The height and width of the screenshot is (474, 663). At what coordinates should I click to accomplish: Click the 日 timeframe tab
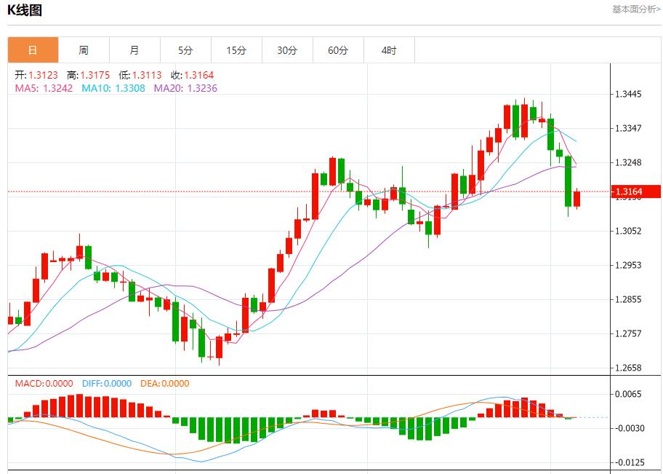tap(33, 50)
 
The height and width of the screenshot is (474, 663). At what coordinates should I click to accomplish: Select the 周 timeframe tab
tap(84, 50)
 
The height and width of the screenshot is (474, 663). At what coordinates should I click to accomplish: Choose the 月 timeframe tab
tap(134, 50)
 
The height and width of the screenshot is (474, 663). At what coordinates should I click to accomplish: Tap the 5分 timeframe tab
tap(185, 50)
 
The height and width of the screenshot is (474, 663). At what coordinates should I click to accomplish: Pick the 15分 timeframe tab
tap(236, 50)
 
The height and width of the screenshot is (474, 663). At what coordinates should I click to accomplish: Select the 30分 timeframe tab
tap(287, 50)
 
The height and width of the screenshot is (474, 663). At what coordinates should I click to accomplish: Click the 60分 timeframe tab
tap(338, 50)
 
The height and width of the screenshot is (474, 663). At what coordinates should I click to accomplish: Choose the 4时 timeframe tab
tap(389, 50)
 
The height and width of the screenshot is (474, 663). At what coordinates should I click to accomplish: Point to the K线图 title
tap(25, 10)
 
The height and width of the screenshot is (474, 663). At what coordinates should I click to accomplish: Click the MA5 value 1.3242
tap(58, 88)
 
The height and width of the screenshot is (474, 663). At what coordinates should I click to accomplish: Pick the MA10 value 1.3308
tap(129, 88)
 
